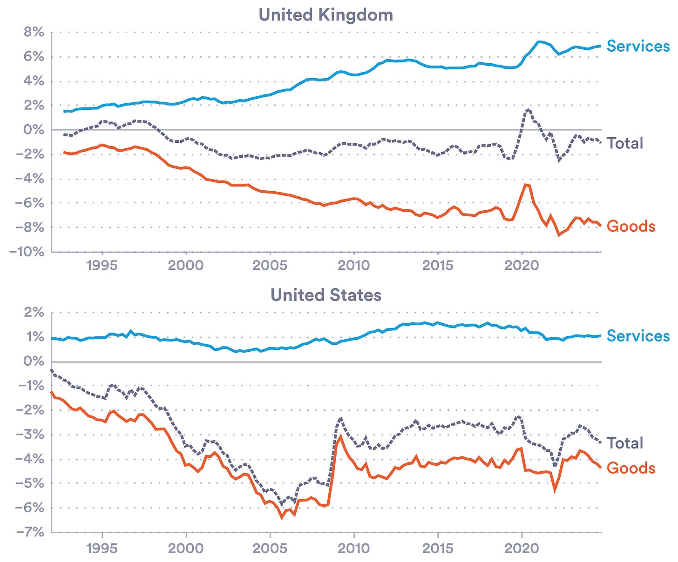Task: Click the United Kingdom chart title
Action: (x=325, y=15)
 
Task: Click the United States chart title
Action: (x=325, y=295)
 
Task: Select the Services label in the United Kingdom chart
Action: (x=637, y=46)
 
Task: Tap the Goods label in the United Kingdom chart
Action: (x=631, y=226)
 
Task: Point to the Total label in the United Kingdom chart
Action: (x=624, y=143)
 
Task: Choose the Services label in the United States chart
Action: (x=637, y=336)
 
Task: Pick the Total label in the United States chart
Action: (x=624, y=443)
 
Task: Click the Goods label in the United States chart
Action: (x=631, y=468)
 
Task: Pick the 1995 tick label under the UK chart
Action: (x=102, y=265)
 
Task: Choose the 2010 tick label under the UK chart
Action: (x=354, y=265)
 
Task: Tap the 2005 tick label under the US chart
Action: (x=270, y=548)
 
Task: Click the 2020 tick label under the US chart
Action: (x=522, y=548)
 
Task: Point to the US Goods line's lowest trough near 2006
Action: (x=282, y=517)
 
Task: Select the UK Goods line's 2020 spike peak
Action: (x=526, y=185)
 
